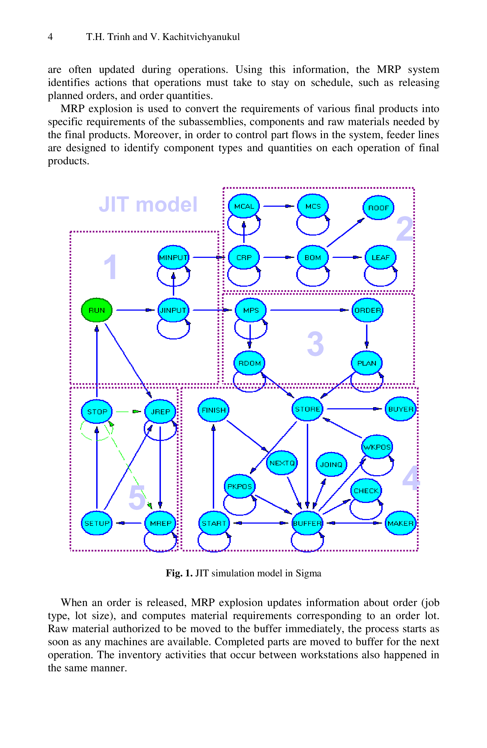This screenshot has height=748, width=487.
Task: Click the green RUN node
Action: (96, 310)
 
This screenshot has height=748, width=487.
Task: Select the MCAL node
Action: (244, 206)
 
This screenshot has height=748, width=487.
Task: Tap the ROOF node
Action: (378, 208)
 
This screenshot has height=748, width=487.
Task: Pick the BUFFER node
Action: (307, 523)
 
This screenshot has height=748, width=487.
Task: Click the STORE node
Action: (307, 409)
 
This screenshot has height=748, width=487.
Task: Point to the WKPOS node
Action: (376, 447)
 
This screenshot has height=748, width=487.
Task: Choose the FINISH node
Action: (214, 410)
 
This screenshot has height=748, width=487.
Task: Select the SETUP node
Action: (97, 523)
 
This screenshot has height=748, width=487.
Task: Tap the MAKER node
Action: (400, 523)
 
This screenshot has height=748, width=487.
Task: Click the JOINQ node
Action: (331, 464)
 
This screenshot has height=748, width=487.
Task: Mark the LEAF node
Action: (380, 257)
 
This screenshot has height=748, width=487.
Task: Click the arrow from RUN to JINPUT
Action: (135, 310)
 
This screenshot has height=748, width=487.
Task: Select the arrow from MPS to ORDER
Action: (309, 310)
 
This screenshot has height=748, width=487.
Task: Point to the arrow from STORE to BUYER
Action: (354, 409)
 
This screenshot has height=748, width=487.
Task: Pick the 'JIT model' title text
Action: (148, 204)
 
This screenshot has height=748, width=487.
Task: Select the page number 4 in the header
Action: (50, 37)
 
